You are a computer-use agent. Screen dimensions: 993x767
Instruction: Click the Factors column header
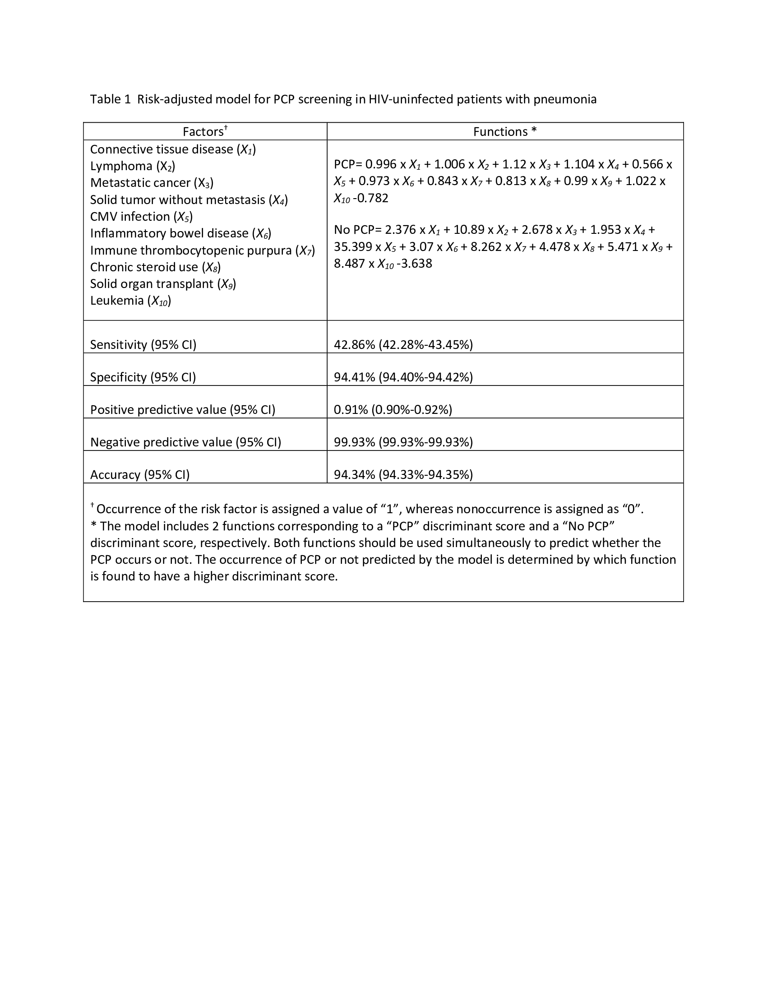[204, 132]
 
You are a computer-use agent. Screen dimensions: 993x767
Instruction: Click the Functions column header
[505, 132]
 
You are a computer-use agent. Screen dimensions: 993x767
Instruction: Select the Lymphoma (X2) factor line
[133, 166]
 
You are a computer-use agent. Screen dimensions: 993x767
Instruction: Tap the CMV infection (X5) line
[141, 216]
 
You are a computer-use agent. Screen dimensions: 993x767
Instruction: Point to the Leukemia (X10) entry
[130, 301]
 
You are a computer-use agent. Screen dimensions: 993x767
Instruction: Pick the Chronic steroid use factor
[155, 267]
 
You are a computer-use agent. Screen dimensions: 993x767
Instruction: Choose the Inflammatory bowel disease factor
[180, 233]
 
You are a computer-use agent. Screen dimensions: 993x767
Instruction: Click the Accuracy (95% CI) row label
[139, 475]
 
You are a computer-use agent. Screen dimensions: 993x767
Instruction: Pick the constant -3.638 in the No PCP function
[414, 264]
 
